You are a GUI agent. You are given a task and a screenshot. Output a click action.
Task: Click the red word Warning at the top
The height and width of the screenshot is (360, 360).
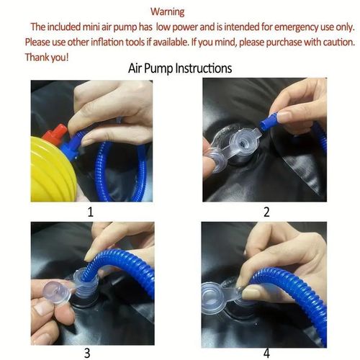pos(168,12)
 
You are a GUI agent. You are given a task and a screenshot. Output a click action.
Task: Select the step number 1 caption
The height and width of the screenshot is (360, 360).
pos(90,212)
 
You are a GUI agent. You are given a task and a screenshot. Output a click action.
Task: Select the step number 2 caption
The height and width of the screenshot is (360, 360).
pos(266,212)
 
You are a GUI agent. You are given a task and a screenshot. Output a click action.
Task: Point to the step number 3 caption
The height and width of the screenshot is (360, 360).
pos(87,352)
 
